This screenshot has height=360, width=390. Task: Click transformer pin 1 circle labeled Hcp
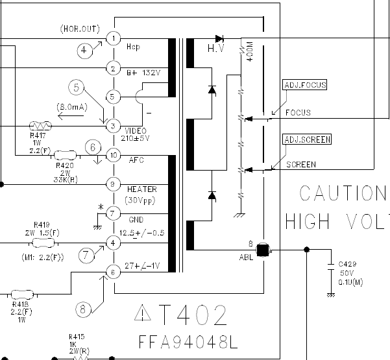click(x=114, y=39)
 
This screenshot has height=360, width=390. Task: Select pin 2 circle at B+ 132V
click(x=114, y=68)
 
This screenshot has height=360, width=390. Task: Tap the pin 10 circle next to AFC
click(x=114, y=155)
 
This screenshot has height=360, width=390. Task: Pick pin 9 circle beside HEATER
click(x=114, y=184)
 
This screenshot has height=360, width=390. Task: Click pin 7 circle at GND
click(x=114, y=213)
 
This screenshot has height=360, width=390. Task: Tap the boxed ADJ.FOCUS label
click(x=305, y=85)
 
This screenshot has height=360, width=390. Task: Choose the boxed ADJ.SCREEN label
click(x=307, y=139)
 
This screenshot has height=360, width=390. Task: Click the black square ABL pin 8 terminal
click(x=263, y=248)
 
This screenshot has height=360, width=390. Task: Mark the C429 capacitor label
click(x=347, y=265)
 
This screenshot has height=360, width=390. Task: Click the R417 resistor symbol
click(x=42, y=126)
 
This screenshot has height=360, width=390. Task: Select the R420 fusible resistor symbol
click(x=64, y=155)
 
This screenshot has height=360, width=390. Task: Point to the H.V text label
click(x=216, y=49)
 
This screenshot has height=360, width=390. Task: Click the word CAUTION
click(x=343, y=193)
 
